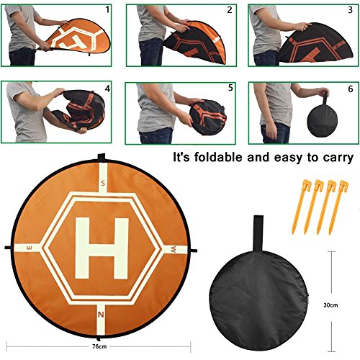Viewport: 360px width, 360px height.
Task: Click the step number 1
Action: tap(107, 10)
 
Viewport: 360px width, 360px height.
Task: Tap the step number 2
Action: tap(230, 10)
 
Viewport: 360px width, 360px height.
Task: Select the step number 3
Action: tap(351, 10)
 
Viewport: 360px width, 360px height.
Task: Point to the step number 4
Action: tap(107, 89)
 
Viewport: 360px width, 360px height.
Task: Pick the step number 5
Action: tap(230, 88)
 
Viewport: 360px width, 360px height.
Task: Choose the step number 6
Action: tap(351, 89)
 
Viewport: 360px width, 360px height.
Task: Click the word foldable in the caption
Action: tap(218, 158)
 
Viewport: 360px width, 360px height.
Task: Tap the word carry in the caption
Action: tap(338, 158)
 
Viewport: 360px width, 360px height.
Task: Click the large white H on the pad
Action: tap(102, 248)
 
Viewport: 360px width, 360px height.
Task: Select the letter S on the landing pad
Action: tap(103, 184)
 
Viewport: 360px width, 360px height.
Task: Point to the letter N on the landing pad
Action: tap(101, 315)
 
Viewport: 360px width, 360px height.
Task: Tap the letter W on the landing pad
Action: tap(173, 250)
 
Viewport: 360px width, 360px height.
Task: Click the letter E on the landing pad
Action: tap(30, 248)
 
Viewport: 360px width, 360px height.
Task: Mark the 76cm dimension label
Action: tap(99, 346)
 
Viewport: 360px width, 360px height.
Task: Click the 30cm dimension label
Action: tap(330, 305)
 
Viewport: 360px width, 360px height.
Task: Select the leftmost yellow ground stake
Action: tap(300, 207)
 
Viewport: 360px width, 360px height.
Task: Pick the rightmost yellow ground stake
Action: tap(339, 207)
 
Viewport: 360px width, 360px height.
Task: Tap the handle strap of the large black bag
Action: tap(258, 233)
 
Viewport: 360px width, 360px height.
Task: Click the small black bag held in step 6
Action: tap(323, 120)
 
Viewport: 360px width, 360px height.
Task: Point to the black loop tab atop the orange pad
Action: tap(102, 157)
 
